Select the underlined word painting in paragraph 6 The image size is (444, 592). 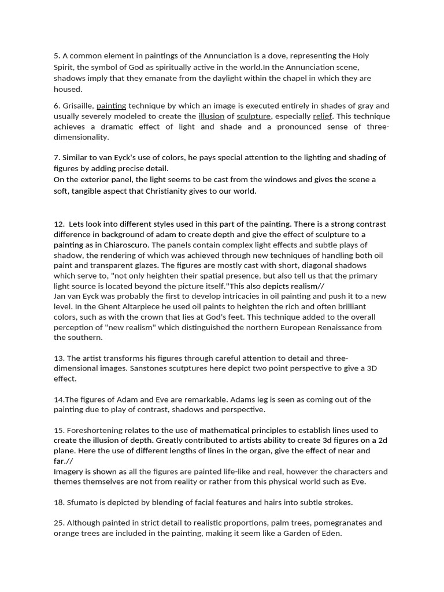click(111, 106)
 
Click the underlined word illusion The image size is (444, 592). click(211, 116)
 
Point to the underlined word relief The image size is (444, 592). click(323, 116)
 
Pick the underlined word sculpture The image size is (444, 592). click(253, 116)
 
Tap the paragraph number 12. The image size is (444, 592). click(58, 224)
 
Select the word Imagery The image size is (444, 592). click(69, 471)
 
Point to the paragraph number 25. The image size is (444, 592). click(58, 523)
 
